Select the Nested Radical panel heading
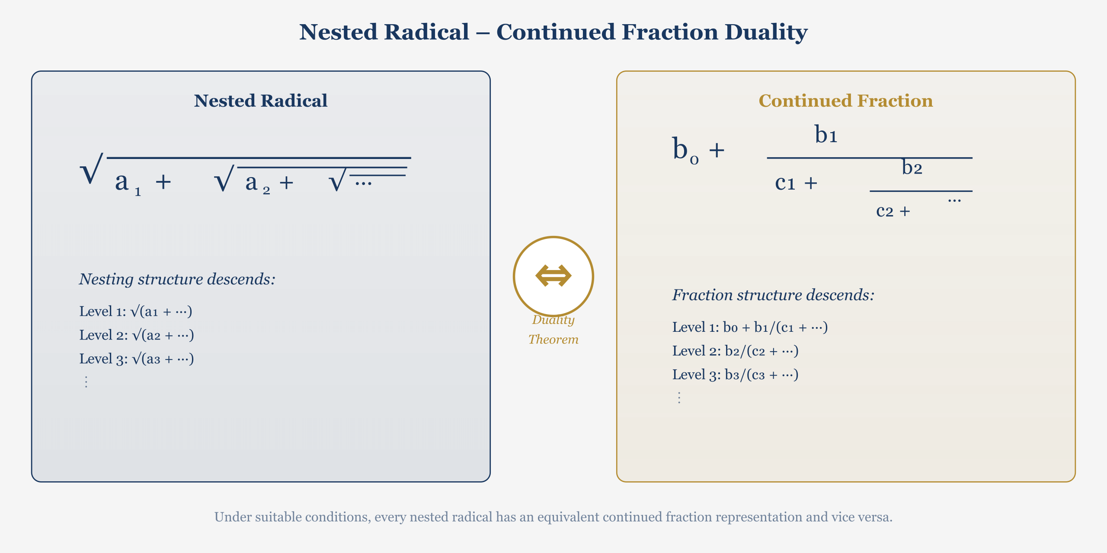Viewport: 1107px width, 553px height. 260,101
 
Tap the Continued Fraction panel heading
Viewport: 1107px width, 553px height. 845,101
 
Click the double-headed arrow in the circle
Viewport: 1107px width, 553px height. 553,276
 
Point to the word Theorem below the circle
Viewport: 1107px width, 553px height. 553,339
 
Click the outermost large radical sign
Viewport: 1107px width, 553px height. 92,169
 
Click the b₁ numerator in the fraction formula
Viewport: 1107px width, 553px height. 826,134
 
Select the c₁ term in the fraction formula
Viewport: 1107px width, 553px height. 785,183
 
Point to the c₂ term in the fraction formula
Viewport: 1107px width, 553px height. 884,211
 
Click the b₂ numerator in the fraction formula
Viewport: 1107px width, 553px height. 912,168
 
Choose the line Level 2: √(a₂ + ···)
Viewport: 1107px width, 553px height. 136,335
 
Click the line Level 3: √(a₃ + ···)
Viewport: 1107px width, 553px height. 136,359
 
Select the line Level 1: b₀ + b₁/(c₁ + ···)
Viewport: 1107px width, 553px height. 749,327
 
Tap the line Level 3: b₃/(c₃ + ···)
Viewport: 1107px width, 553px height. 735,374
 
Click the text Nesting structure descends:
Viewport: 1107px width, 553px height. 177,279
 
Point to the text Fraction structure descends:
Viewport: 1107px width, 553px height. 773,295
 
